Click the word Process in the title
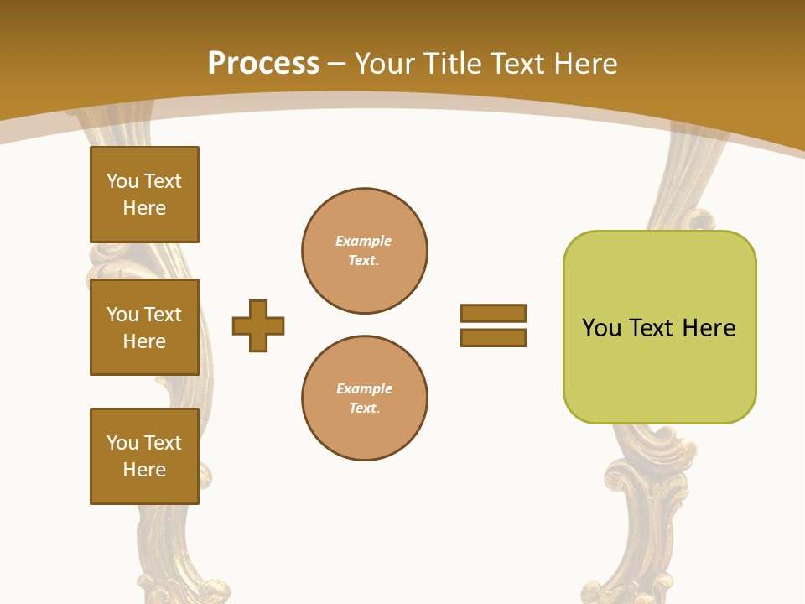coord(263,64)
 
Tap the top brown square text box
coord(144,195)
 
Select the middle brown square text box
coord(144,327)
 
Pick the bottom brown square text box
coord(144,456)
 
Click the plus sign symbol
coord(258,325)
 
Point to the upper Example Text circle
coord(365,251)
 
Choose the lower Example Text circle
coord(365,398)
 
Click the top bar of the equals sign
coord(493,313)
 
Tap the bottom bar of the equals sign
coord(493,338)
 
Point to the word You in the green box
coord(601,328)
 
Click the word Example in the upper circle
coord(364,241)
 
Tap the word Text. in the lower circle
coord(364,409)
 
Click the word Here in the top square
coord(144,208)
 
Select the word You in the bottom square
coord(122,443)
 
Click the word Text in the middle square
coord(163,315)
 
